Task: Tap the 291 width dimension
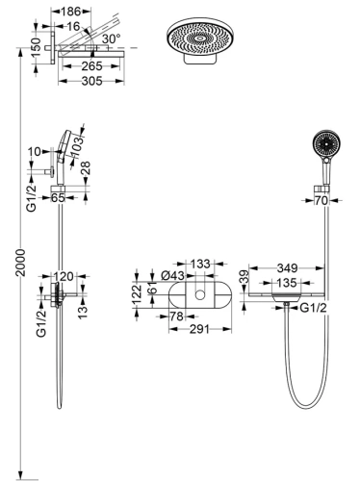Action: coord(199,329)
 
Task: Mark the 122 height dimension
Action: coord(136,293)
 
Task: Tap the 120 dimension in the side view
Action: coord(63,275)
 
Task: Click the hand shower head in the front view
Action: coord(325,148)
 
